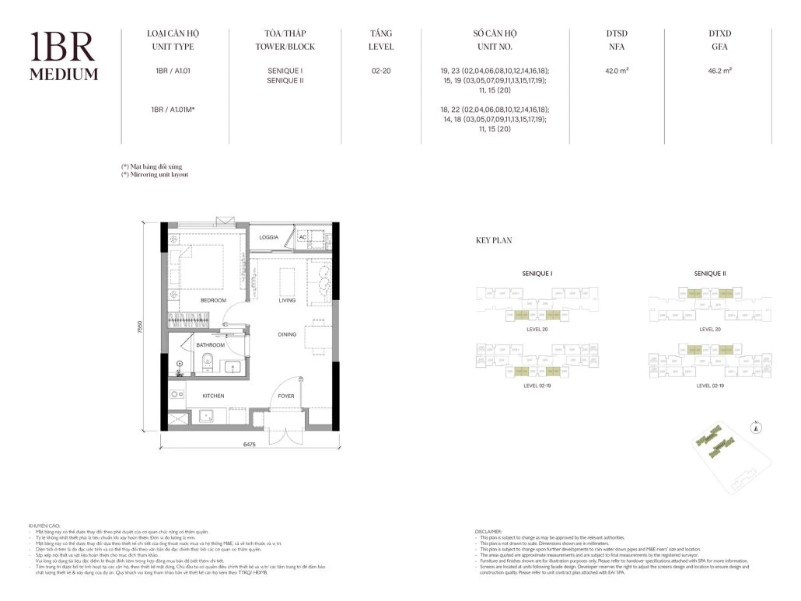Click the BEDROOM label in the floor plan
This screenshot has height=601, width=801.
(x=213, y=300)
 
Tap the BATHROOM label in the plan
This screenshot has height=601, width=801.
(x=210, y=344)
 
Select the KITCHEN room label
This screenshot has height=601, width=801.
(x=213, y=396)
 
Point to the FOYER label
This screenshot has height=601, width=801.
(x=287, y=396)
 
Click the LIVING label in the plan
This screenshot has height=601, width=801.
(x=288, y=300)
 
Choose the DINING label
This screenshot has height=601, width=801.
(x=288, y=334)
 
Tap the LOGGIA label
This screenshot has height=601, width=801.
(x=269, y=236)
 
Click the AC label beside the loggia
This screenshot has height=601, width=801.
(x=303, y=237)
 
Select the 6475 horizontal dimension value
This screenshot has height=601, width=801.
(x=250, y=445)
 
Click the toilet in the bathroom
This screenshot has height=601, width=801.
(x=206, y=361)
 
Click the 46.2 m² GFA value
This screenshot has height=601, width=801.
(x=721, y=70)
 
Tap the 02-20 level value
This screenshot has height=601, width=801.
(x=380, y=70)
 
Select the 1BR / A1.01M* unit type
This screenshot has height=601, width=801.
(x=173, y=110)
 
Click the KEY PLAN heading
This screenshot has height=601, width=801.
(x=494, y=241)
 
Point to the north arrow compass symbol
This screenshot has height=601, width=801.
(x=754, y=426)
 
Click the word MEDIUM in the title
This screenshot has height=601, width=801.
(x=64, y=75)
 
